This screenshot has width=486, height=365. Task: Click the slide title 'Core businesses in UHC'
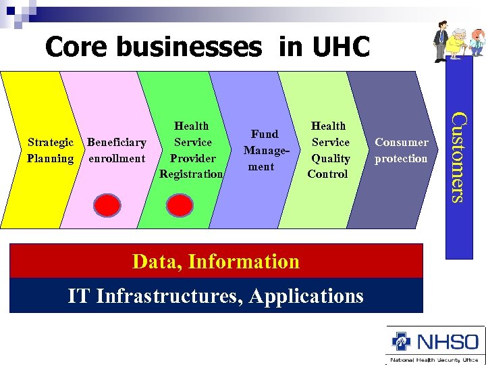[x=207, y=47]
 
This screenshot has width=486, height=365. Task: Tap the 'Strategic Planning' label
[x=50, y=150]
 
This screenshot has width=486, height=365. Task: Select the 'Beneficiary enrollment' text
[x=116, y=150]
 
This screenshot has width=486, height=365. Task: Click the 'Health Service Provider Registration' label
[x=192, y=150]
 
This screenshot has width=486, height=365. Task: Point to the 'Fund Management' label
[x=261, y=150]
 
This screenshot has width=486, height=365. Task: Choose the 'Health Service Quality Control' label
[x=329, y=150]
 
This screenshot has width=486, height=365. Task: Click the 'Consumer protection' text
[x=401, y=150]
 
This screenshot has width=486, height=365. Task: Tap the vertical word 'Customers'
[x=458, y=157]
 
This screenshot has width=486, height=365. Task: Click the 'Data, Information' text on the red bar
[x=216, y=261]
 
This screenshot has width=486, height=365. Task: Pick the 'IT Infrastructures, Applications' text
[x=216, y=295]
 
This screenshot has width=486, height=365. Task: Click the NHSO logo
[x=435, y=342]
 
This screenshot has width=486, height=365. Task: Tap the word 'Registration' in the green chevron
[x=192, y=174]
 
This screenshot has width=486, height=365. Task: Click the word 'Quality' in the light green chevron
[x=330, y=158]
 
